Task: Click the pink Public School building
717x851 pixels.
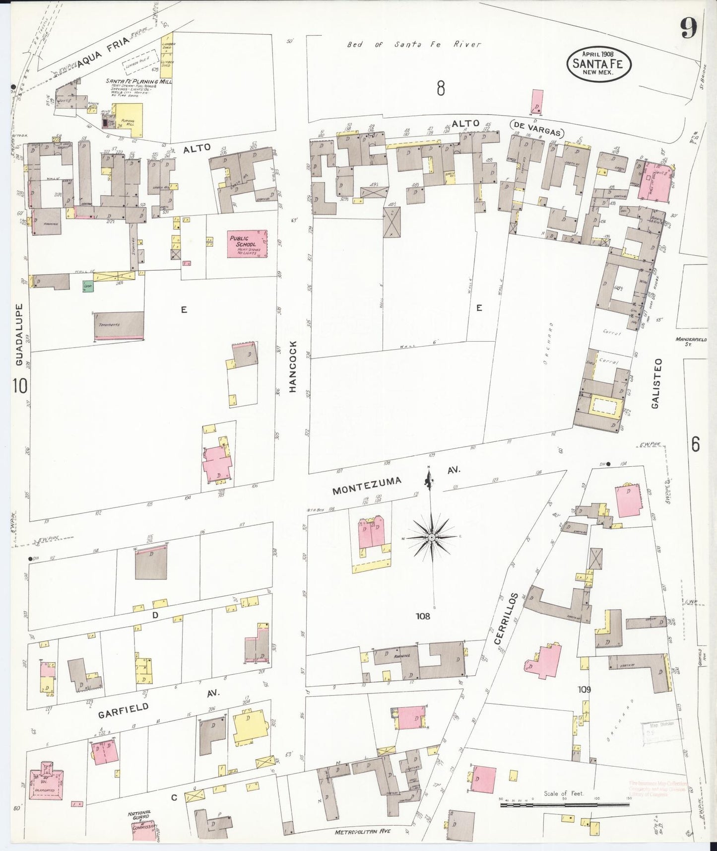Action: (247, 244)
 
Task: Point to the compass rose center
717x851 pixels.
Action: (432, 538)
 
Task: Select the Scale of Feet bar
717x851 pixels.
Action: (565, 803)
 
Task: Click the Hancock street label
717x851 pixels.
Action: (293, 367)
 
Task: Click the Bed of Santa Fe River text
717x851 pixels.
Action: (413, 45)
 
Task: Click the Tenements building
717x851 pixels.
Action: (119, 325)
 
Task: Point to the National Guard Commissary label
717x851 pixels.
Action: (140, 819)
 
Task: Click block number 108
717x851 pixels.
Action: (423, 616)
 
